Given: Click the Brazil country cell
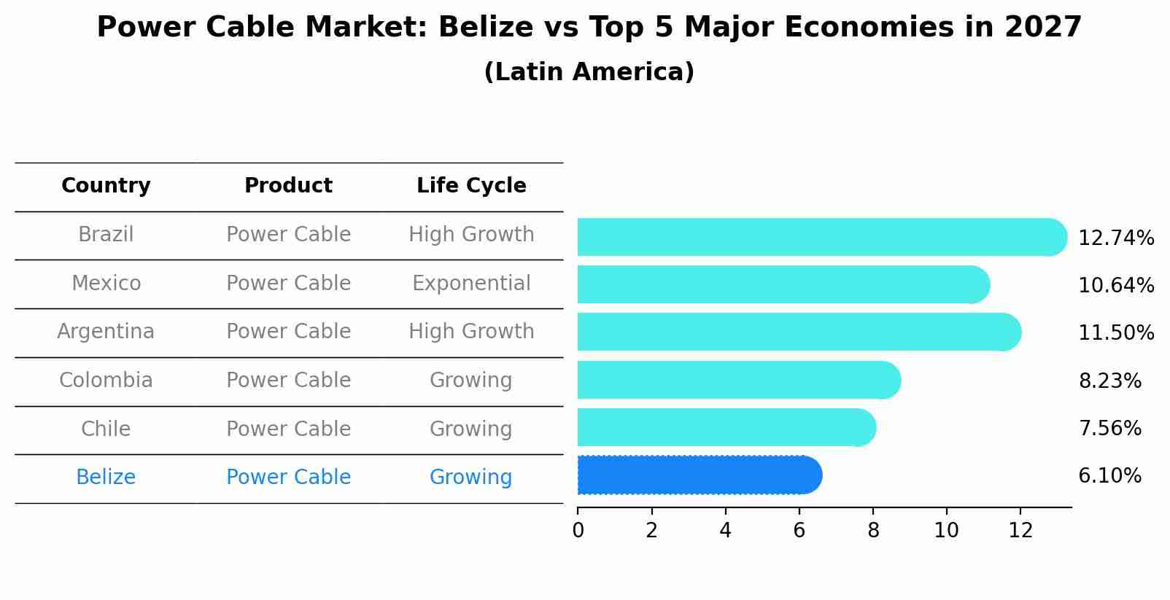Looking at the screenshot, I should (x=106, y=235).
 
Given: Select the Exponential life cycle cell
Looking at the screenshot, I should (x=471, y=284).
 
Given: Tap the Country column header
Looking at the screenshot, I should (x=106, y=186).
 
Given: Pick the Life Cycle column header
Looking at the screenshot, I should (x=471, y=186).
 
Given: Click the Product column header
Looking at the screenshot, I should (x=288, y=186).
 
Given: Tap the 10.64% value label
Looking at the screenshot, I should (x=1116, y=286).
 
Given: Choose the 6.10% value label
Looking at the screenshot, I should (x=1109, y=476).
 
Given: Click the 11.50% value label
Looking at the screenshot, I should (x=1116, y=333).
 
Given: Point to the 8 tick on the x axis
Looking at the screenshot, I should (x=873, y=531).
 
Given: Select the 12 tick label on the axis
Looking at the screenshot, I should (x=1020, y=531).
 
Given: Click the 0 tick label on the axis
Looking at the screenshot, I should (x=578, y=531).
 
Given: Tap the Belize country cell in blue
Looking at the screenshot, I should (x=106, y=478).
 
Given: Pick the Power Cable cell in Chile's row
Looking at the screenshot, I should (x=288, y=429).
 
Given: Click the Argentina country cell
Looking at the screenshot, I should (x=106, y=332).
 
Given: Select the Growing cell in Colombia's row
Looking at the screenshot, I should (x=471, y=381).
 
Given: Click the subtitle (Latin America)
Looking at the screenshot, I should (x=589, y=72).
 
